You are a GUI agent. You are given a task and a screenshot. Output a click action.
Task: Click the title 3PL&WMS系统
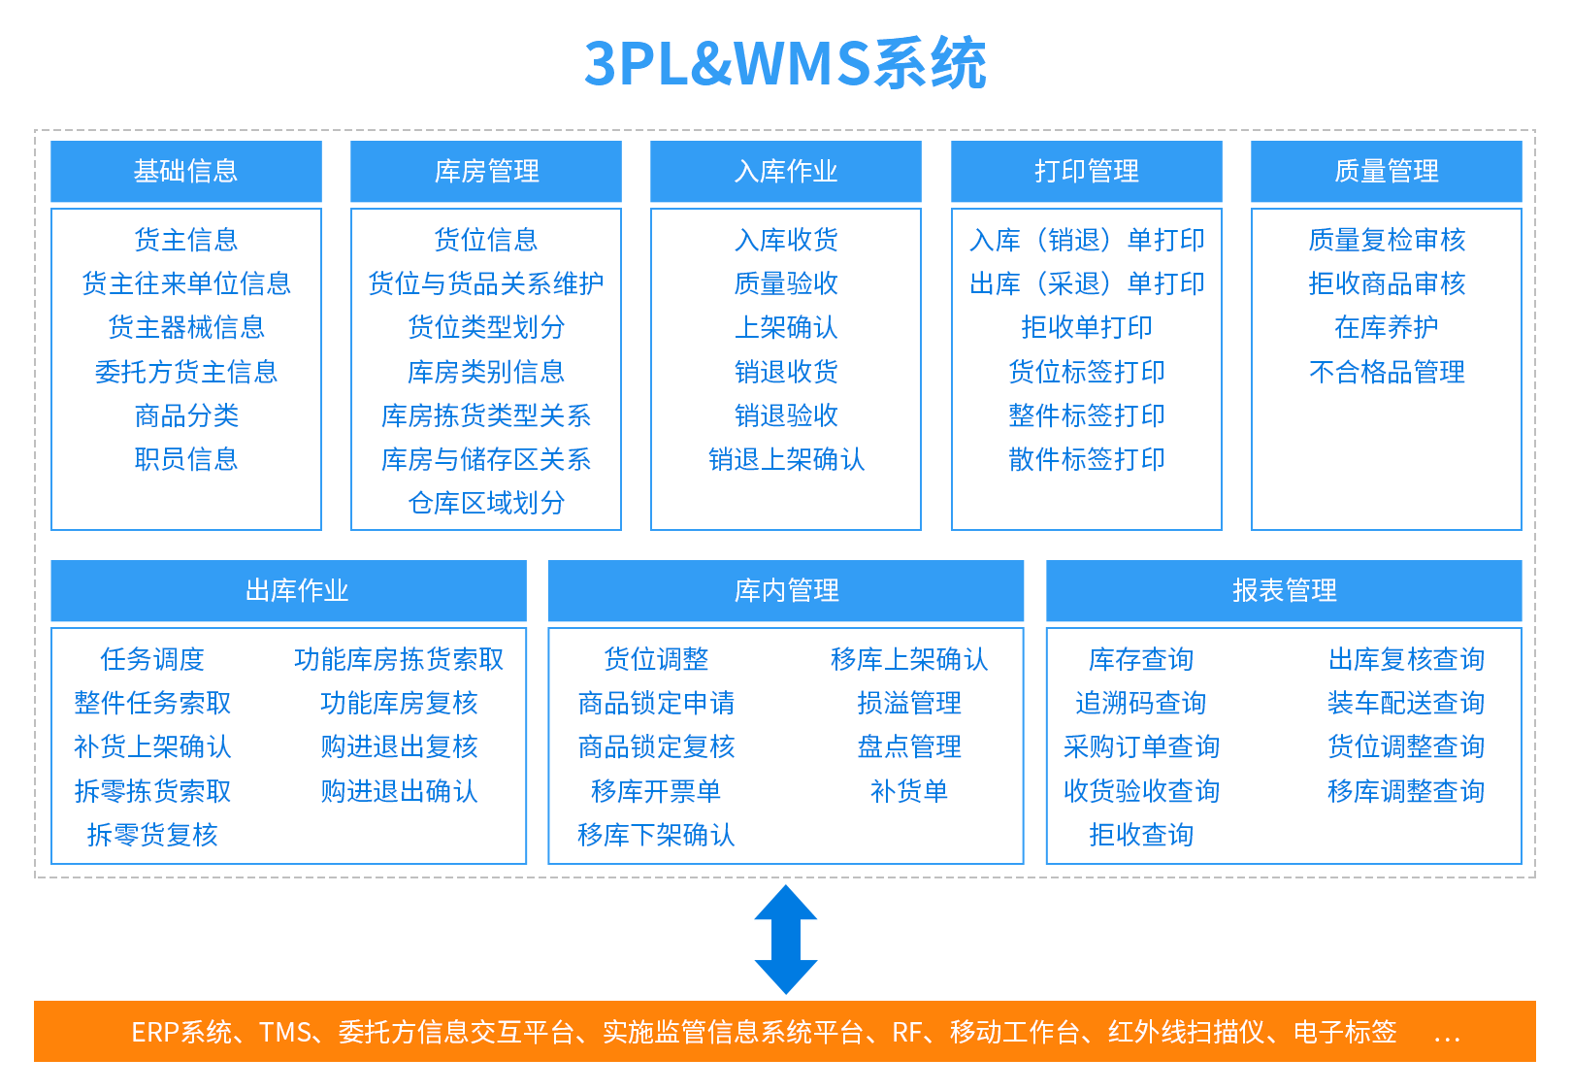pyautogui.click(x=785, y=64)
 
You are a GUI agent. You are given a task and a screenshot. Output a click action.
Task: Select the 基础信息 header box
pyautogui.click(x=186, y=172)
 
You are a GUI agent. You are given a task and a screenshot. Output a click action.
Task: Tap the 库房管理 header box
pyautogui.click(x=486, y=172)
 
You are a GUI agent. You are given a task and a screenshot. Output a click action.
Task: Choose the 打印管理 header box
pyautogui.click(x=1086, y=172)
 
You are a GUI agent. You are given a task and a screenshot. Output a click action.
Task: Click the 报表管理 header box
pyautogui.click(x=1284, y=590)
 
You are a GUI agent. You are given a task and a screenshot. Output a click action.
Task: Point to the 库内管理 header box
pyautogui.click(x=786, y=590)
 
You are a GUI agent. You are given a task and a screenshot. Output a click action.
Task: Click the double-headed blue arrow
pyautogui.click(x=786, y=939)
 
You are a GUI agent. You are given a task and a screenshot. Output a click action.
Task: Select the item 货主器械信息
pyautogui.click(x=186, y=327)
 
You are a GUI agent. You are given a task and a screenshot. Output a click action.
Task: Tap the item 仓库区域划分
pyautogui.click(x=486, y=503)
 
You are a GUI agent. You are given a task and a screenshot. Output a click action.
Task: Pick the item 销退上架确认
pyautogui.click(x=786, y=459)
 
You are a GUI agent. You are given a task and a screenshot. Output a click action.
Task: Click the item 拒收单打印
pyautogui.click(x=1086, y=327)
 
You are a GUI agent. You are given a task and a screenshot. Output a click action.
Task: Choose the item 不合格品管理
pyautogui.click(x=1387, y=372)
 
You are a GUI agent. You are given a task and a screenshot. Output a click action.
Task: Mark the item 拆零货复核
pyautogui.click(x=152, y=835)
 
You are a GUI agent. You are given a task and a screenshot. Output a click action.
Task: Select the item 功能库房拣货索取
pyautogui.click(x=399, y=659)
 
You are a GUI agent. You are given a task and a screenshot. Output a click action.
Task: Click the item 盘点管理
pyautogui.click(x=909, y=746)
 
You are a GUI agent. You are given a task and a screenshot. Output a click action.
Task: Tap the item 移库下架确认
pyautogui.click(x=656, y=835)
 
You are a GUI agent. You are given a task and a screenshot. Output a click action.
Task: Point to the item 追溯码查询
pyautogui.click(x=1141, y=703)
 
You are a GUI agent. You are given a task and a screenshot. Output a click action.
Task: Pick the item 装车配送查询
pyautogui.click(x=1406, y=703)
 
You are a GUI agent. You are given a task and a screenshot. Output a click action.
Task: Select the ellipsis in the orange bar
pyautogui.click(x=1447, y=1035)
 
